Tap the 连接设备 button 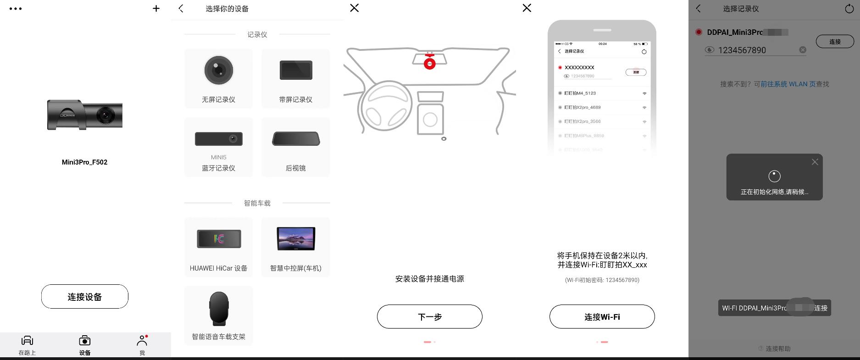84,297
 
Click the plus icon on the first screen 156,8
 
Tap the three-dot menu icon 16,9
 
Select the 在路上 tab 27,345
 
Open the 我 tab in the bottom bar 142,345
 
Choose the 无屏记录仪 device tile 218,78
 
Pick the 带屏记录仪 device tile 295,78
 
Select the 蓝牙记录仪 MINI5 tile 218,147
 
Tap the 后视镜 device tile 295,147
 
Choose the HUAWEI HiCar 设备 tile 218,247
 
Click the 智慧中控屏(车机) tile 295,247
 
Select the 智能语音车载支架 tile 218,316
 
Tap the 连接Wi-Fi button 602,316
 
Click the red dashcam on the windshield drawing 429,63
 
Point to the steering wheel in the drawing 387,106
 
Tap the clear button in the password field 803,50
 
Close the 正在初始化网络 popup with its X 815,162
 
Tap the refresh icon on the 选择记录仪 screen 849,9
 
